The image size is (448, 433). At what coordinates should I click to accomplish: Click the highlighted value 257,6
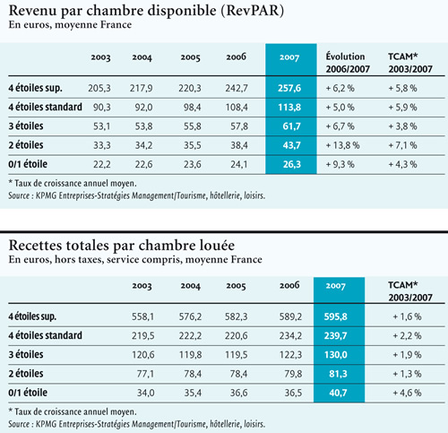click(x=289, y=88)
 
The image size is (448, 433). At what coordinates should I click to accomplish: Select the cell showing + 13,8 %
click(x=342, y=145)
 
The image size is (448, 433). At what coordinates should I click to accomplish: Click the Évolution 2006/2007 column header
click(x=348, y=63)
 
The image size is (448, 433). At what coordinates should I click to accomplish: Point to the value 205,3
click(x=99, y=88)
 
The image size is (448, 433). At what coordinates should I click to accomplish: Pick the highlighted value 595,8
click(x=336, y=316)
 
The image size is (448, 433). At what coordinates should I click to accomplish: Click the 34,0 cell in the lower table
click(x=146, y=393)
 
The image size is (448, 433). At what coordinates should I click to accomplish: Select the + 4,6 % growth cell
click(x=407, y=393)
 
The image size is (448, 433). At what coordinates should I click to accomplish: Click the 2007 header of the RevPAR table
click(x=289, y=57)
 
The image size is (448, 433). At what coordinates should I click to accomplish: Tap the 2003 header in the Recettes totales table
click(x=142, y=286)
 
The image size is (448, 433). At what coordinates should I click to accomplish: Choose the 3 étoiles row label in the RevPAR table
click(x=26, y=126)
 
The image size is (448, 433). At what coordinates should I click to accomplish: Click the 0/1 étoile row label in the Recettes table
click(x=28, y=393)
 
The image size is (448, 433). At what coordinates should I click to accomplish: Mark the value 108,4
click(x=237, y=108)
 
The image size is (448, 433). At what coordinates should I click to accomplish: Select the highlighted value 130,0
click(x=336, y=355)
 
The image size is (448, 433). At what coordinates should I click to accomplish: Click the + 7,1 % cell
click(x=402, y=145)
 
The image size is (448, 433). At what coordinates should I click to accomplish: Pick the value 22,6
click(x=143, y=164)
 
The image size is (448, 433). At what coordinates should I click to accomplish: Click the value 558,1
click(x=143, y=316)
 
